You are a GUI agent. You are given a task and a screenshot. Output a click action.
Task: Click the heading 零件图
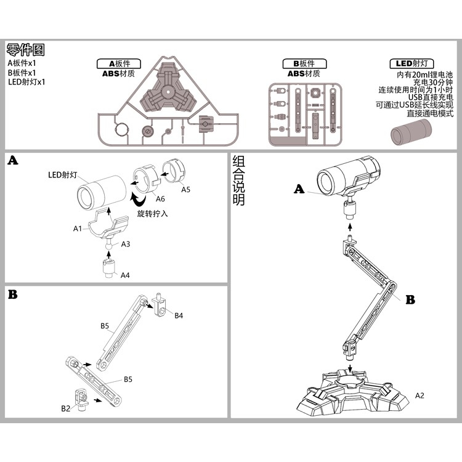26,50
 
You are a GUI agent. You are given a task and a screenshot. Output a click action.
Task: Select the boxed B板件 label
304,63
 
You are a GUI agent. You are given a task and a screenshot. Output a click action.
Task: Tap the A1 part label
78,229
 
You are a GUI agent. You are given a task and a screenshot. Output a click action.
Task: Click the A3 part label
125,245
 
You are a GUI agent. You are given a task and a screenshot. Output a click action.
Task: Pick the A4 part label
125,274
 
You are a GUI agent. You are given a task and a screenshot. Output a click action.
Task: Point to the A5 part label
185,190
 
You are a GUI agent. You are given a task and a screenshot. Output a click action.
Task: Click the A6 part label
160,199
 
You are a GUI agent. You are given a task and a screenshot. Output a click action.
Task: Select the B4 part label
179,316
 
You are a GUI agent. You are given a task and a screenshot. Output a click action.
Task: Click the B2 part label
65,408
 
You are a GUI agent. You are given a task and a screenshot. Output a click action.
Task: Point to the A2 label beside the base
419,395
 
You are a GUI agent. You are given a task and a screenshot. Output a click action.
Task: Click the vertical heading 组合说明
239,181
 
